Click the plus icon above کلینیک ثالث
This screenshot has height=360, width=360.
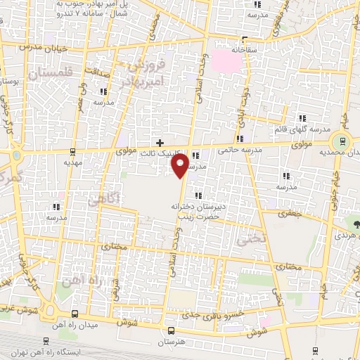click(160, 143)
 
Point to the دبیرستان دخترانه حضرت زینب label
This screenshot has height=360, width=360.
click(197, 212)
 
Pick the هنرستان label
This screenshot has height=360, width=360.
click(171, 341)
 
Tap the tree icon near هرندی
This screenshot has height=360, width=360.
click(356, 225)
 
